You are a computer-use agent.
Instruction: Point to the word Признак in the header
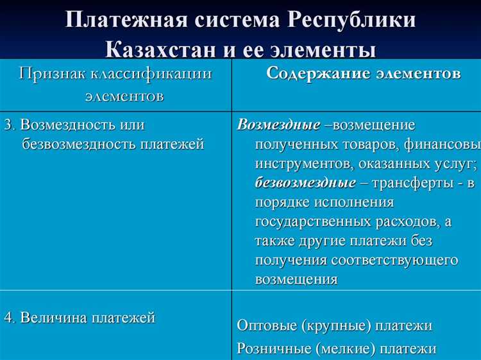click(x=51, y=73)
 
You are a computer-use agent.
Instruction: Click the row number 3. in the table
click(x=9, y=124)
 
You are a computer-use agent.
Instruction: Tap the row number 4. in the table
click(x=9, y=317)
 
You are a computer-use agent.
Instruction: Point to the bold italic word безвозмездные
click(x=305, y=183)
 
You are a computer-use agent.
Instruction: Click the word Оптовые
click(x=263, y=325)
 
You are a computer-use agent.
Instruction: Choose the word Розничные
click(x=269, y=348)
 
